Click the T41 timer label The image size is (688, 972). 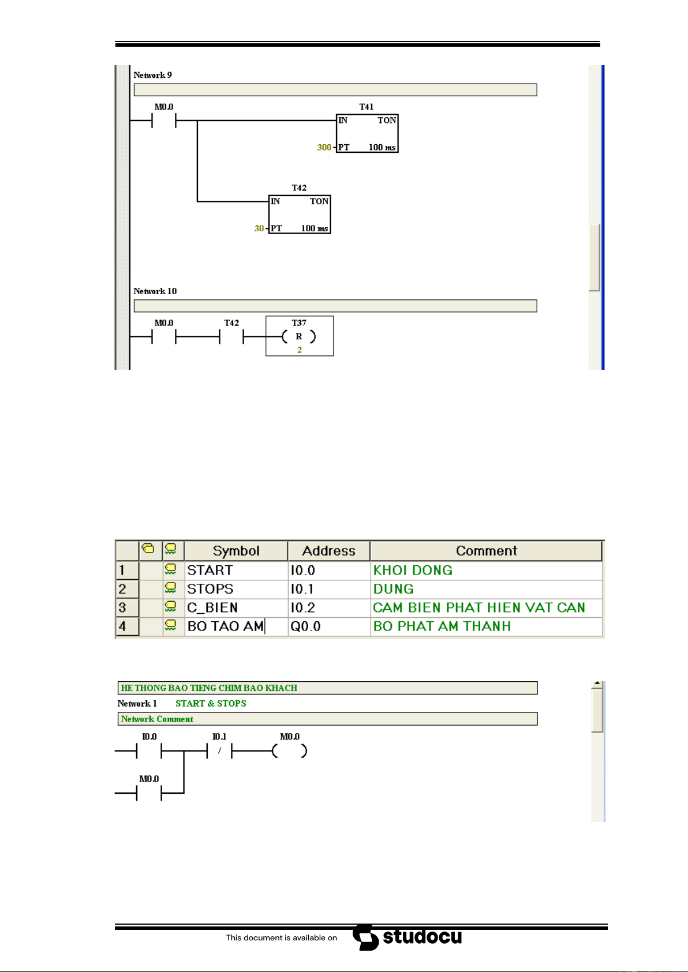[366, 107]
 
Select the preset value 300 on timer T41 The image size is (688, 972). [324, 147]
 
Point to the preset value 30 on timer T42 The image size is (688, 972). [259, 228]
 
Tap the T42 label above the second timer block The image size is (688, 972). [298, 188]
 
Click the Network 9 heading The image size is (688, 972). [152, 75]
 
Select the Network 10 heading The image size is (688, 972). [155, 291]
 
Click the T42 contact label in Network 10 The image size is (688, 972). [231, 323]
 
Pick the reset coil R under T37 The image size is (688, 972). [299, 336]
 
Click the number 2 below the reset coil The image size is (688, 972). [299, 350]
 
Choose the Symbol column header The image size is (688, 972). [236, 551]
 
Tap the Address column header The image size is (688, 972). [328, 551]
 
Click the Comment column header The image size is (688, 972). [486, 551]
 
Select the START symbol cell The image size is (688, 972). [236, 570]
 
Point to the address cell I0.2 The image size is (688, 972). [329, 607]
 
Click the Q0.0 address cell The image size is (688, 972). [329, 626]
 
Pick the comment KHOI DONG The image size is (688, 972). [413, 570]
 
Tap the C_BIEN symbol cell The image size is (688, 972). [236, 607]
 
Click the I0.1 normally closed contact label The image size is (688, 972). [219, 737]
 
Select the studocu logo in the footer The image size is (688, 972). [407, 937]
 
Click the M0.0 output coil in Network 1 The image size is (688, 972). [290, 750]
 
